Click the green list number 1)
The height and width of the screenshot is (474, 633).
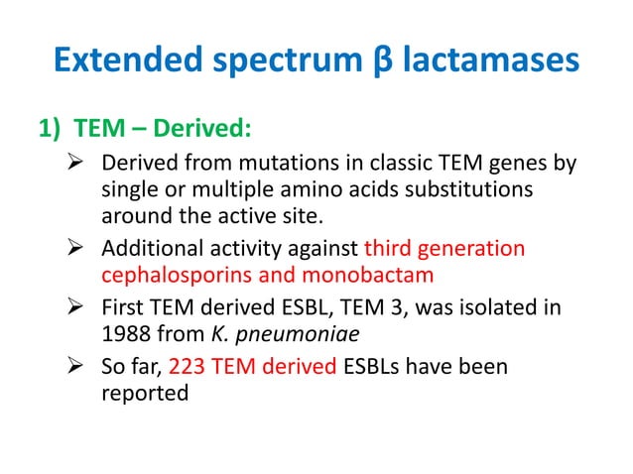(54, 132)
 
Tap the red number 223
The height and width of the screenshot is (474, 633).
(187, 367)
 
